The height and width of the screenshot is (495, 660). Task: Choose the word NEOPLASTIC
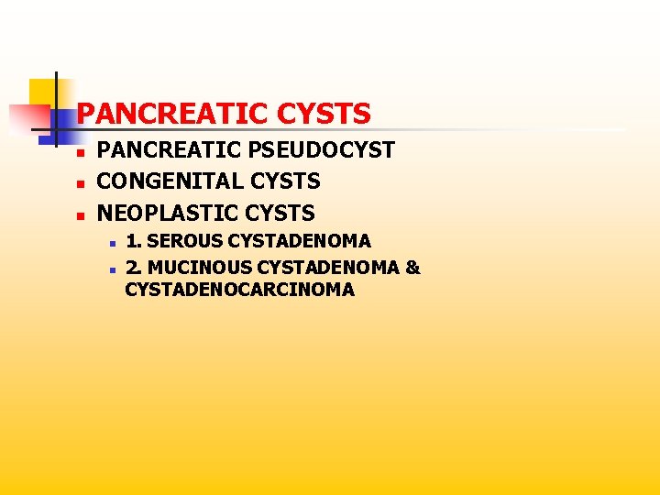click(x=169, y=214)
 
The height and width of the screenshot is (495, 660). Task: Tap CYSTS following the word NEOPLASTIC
click(x=280, y=214)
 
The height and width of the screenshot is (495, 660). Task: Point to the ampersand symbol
click(x=412, y=268)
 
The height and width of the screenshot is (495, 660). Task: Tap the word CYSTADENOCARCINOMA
click(x=240, y=290)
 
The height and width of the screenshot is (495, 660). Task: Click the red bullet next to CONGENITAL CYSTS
click(x=81, y=183)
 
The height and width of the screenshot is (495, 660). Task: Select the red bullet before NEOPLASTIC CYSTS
click(x=81, y=215)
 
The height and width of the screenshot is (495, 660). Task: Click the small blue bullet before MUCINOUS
click(x=109, y=269)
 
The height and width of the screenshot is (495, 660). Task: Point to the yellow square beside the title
click(x=41, y=92)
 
